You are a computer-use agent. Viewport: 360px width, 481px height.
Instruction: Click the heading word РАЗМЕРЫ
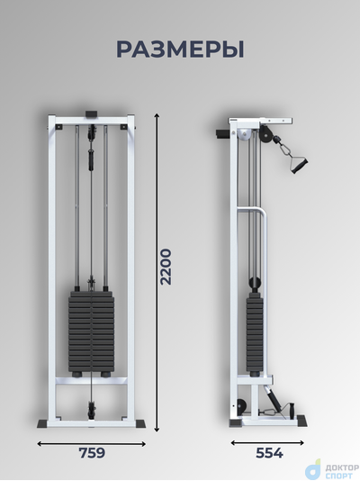tap(180, 50)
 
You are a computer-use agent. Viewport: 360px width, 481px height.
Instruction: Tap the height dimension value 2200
tap(166, 267)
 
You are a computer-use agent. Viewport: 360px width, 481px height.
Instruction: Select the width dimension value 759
tap(92, 453)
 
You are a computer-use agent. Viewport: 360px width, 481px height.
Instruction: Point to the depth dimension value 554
tap(269, 453)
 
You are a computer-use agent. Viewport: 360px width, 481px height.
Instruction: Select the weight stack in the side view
tap(255, 334)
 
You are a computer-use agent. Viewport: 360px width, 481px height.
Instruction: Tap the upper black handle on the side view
tap(300, 165)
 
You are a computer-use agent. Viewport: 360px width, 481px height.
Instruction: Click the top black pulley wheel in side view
tap(265, 134)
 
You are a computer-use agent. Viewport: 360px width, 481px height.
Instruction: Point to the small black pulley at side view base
tap(241, 407)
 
